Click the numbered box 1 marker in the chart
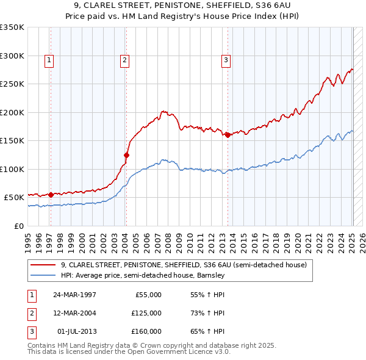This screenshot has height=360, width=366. click(x=48, y=60)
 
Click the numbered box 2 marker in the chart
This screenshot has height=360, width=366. click(x=124, y=60)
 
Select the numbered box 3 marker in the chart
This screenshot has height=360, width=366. click(x=226, y=60)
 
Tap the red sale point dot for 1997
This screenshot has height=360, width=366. click(x=51, y=195)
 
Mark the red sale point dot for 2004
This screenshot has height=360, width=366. click(x=127, y=155)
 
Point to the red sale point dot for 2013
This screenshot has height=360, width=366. click(x=228, y=135)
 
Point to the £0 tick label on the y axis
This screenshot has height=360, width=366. click(x=18, y=226)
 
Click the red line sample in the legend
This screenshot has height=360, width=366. click(x=43, y=265)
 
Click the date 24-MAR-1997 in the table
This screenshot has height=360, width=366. click(x=74, y=295)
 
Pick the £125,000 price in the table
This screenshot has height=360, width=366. click(x=146, y=313)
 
